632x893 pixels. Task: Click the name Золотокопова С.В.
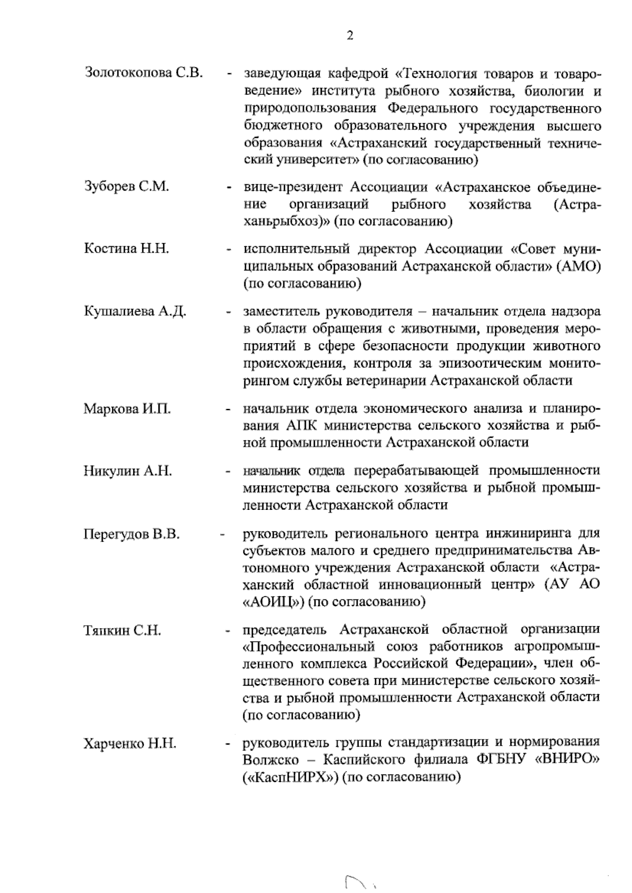pyautogui.click(x=143, y=73)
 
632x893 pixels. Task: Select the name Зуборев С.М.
pyautogui.click(x=126, y=187)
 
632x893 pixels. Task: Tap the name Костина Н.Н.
pyautogui.click(x=126, y=249)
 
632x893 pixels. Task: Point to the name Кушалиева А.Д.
pyautogui.click(x=135, y=311)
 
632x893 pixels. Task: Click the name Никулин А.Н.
pyautogui.click(x=127, y=471)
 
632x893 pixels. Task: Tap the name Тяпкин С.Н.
pyautogui.click(x=122, y=630)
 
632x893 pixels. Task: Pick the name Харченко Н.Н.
pyautogui.click(x=130, y=744)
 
